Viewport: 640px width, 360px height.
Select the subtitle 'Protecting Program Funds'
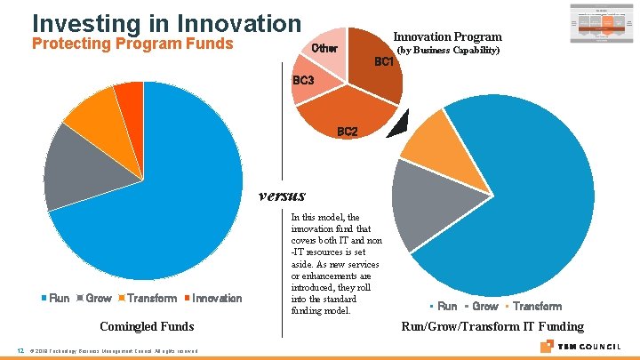(132, 44)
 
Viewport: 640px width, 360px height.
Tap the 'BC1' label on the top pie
(384, 62)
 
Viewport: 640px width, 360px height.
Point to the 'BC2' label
(347, 132)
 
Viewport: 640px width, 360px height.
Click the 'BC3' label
(304, 81)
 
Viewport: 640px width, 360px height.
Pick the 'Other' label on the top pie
(324, 48)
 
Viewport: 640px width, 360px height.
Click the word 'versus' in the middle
(281, 196)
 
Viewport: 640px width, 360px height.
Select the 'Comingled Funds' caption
(147, 326)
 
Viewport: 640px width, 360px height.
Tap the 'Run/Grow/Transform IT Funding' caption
(492, 326)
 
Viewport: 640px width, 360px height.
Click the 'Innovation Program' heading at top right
(447, 36)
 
